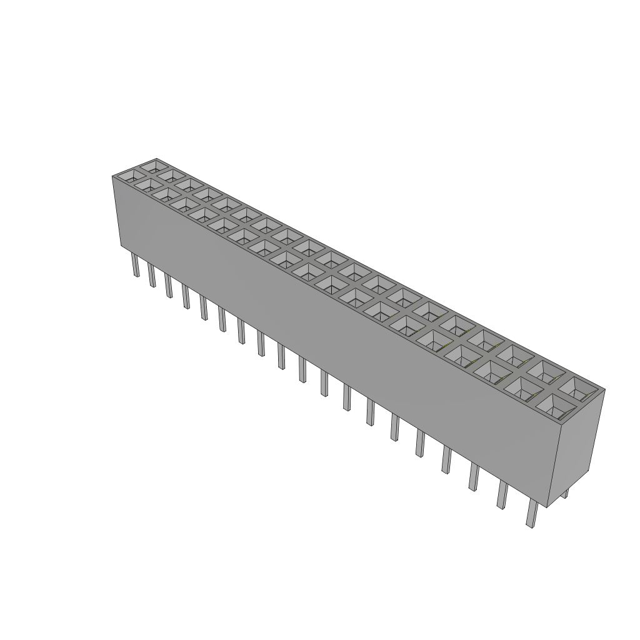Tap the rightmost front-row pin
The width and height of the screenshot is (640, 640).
532,515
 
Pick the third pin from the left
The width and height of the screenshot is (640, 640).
168,286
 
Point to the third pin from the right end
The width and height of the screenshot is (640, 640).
474,478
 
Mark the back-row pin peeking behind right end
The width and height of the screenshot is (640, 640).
566,493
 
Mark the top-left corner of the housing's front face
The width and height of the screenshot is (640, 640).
112,177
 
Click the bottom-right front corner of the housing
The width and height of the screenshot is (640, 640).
547,507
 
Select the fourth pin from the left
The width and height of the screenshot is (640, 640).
186,296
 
